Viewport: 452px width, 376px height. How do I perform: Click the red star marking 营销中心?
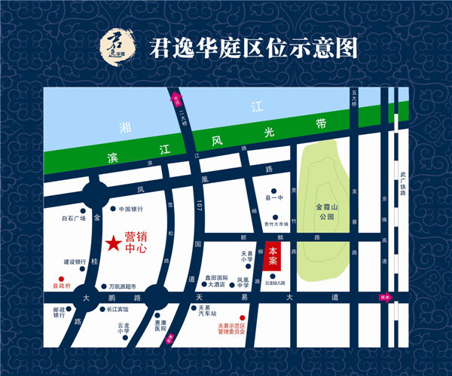tap(112, 243)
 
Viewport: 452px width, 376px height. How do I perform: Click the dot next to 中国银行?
tap(113, 209)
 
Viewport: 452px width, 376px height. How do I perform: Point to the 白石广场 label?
tap(74, 219)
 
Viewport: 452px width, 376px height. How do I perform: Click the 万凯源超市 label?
tap(123, 286)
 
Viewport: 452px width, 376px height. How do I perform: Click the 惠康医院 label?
tap(160, 325)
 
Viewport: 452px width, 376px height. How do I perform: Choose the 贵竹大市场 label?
tap(277, 224)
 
